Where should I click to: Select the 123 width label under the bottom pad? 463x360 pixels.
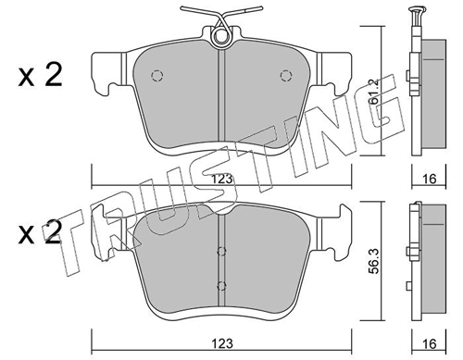(x=222, y=343)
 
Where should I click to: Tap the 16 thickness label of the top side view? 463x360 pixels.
(x=429, y=179)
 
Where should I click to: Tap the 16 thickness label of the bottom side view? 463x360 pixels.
(x=429, y=344)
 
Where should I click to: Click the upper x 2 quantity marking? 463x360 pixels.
(x=40, y=75)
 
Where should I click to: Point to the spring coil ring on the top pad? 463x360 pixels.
(x=221, y=35)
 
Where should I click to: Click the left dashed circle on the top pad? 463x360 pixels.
(x=156, y=76)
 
